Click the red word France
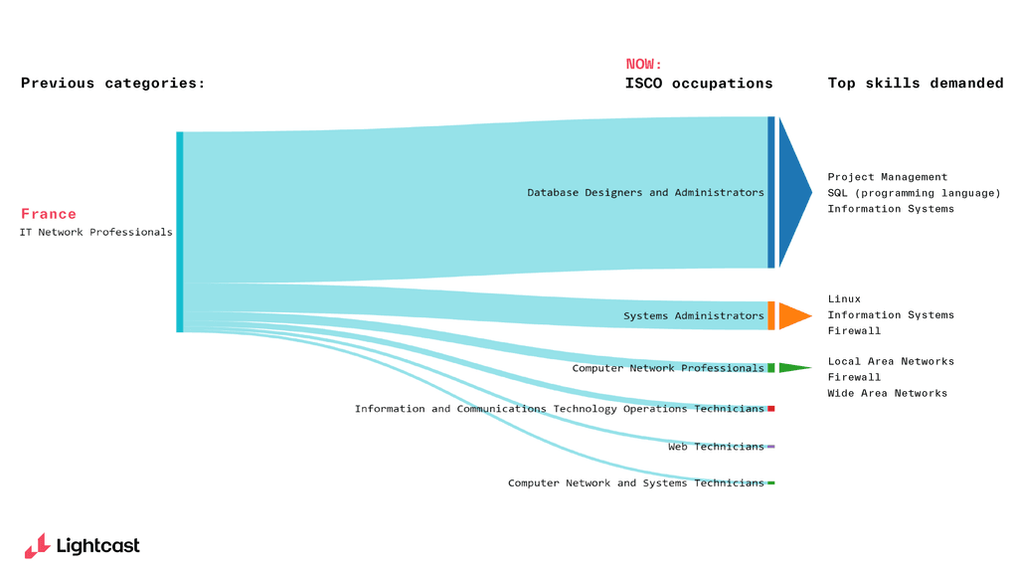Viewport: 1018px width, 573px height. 49,214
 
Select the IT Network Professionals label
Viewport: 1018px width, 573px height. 95,233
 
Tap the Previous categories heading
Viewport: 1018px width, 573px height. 112,84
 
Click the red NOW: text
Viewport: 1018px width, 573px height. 643,65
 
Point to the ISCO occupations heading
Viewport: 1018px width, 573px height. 698,84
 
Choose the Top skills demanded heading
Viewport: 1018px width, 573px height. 915,84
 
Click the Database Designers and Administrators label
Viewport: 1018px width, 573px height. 645,193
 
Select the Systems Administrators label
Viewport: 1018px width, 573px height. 693,316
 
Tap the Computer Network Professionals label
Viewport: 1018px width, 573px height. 667,368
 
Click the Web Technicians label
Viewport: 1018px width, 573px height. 716,447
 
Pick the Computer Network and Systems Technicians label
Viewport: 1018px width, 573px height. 635,483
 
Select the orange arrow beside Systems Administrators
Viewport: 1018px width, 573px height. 793,315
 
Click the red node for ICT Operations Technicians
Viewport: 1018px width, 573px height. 770,409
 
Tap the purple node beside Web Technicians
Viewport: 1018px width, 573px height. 770,447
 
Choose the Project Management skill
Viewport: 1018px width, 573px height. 887,177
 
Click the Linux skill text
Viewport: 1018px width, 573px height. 844,299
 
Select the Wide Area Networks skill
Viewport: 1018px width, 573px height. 887,394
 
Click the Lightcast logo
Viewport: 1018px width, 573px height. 83,545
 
